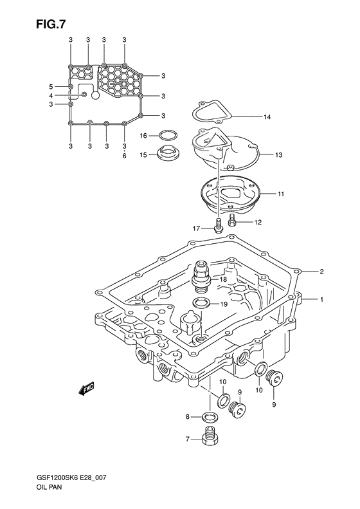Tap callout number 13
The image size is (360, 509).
coord(279,155)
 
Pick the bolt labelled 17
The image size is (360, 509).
coord(219,226)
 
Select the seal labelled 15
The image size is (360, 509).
coord(169,154)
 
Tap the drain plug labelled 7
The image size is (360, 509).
coord(208,438)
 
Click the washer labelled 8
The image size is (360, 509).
coord(208,417)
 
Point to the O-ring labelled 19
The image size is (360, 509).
coord(201,303)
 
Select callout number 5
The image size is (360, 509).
coord(51,86)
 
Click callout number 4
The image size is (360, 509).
coord(51,96)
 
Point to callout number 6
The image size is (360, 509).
coord(124,156)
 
